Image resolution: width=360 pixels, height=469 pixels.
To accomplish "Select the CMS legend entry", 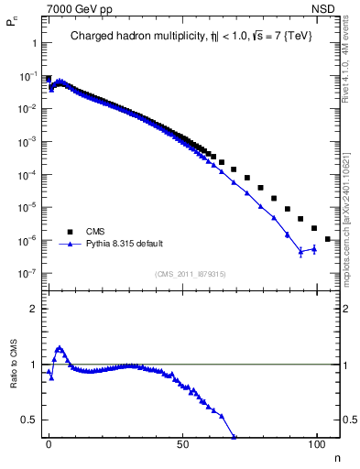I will [x=95, y=232].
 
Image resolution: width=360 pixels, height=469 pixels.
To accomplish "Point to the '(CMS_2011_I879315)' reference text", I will [x=191, y=274].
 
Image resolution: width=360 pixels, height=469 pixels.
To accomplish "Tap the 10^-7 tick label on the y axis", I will [x=27, y=273].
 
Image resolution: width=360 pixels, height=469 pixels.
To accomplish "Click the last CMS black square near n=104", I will [x=327, y=239].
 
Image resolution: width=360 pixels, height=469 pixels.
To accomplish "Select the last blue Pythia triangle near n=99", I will [x=314, y=248].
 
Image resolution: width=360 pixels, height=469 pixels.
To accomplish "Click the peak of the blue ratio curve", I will [x=60, y=348].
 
